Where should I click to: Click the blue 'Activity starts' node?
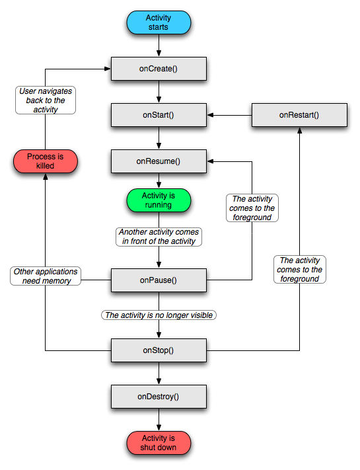click(x=159, y=22)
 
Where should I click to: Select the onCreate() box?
click(x=159, y=69)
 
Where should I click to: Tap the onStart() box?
click(x=159, y=115)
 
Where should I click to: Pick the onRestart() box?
click(x=299, y=115)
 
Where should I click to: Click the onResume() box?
click(x=159, y=161)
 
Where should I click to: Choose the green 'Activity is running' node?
click(x=159, y=200)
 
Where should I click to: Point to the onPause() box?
click(x=159, y=280)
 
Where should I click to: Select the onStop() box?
click(x=159, y=350)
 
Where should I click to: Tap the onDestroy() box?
click(x=159, y=397)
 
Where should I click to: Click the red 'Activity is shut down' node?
click(x=159, y=443)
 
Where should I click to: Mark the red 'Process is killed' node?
click(x=46, y=161)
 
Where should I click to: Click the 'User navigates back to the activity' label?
click(x=46, y=100)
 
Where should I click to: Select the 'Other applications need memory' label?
click(x=46, y=276)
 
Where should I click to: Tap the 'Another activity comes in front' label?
click(x=159, y=237)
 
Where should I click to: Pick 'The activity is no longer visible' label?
click(x=159, y=315)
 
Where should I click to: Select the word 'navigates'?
click(x=55, y=91)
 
